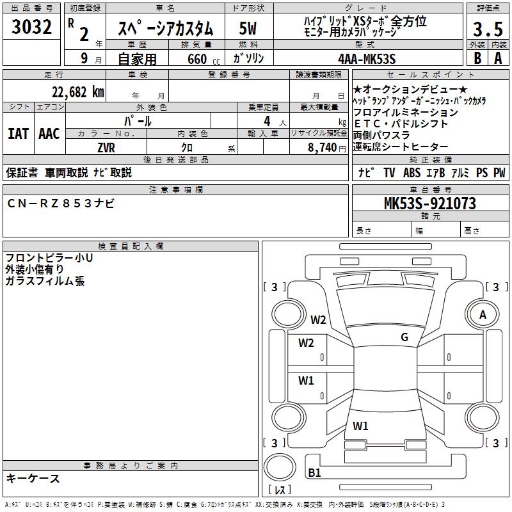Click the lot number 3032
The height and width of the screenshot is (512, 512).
tap(32, 28)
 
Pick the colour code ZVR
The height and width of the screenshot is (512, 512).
tap(106, 148)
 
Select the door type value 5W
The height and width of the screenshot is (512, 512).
tap(248, 28)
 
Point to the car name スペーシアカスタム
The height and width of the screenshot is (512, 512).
tap(168, 29)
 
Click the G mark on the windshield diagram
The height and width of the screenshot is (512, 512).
tap(404, 337)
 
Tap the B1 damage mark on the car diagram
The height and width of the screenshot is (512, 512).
tap(314, 473)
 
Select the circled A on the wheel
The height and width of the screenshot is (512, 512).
tap(483, 314)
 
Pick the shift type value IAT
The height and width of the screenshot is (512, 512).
tap(18, 134)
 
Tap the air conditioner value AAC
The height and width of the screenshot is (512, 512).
tap(49, 134)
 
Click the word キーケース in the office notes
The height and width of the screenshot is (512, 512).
tap(33, 479)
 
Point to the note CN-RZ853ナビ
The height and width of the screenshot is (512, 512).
tap(61, 203)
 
